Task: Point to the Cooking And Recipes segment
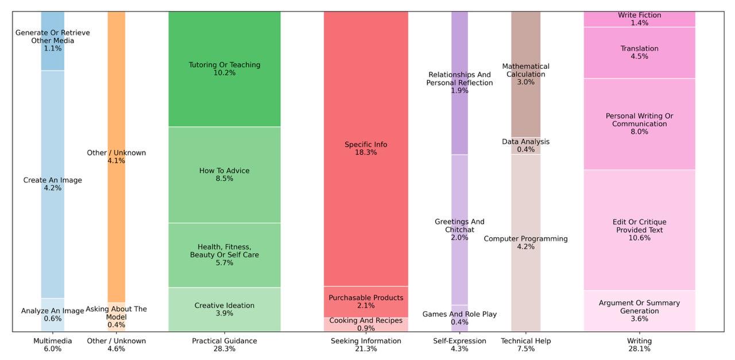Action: point(366,324)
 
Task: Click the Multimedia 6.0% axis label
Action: point(52,345)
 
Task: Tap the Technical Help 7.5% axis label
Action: point(525,345)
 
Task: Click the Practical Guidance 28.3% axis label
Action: point(225,345)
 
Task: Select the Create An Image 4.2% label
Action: point(52,184)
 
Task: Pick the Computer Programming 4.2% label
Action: point(525,242)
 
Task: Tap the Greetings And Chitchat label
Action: point(459,230)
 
